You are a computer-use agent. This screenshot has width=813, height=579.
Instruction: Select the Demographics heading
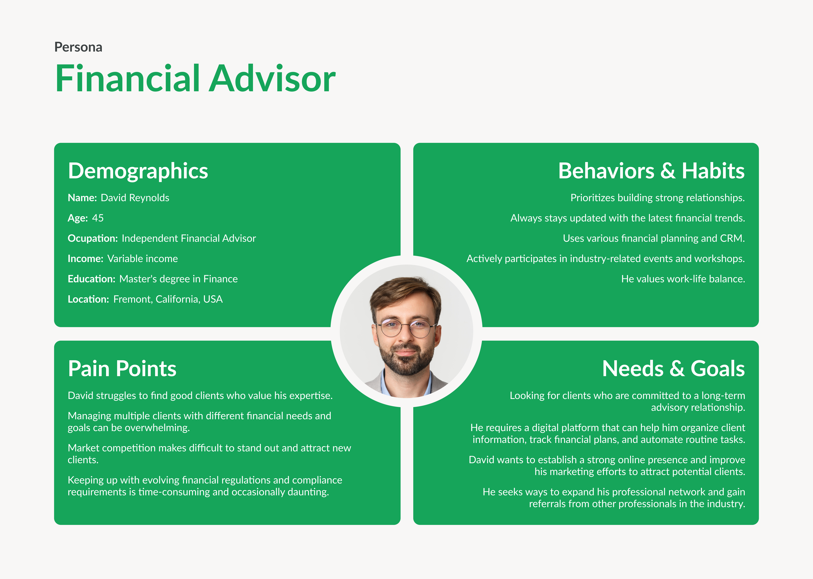click(x=138, y=171)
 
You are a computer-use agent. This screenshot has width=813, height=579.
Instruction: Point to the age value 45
click(x=98, y=218)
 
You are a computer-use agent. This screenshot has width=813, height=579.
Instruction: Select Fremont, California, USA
click(x=168, y=299)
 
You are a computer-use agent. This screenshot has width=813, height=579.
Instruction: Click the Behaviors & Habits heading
click(x=651, y=171)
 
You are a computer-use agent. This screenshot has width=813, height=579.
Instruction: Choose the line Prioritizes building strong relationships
click(x=657, y=198)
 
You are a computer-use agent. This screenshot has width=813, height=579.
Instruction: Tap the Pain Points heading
click(x=122, y=369)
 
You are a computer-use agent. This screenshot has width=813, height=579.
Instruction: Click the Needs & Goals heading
click(x=673, y=369)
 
